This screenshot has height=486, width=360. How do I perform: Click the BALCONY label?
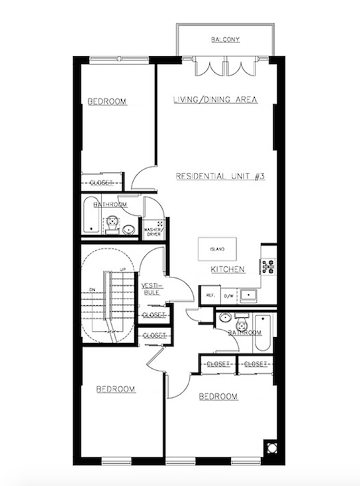(225, 40)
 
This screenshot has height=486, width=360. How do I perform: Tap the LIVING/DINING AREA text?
(214, 100)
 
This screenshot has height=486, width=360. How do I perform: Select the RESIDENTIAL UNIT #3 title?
(220, 177)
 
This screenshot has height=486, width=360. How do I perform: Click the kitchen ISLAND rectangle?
(217, 249)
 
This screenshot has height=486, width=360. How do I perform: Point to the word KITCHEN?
(228, 269)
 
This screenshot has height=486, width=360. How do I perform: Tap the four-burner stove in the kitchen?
(269, 267)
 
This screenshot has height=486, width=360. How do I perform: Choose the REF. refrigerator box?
(210, 295)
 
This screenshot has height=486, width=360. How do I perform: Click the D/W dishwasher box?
(229, 295)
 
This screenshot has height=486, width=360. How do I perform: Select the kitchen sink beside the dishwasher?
(249, 294)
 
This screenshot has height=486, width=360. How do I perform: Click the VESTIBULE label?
(150, 289)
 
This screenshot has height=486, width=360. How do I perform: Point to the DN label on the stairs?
(93, 289)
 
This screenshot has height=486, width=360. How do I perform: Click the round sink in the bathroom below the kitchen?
(226, 316)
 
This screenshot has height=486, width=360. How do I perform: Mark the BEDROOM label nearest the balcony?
(107, 101)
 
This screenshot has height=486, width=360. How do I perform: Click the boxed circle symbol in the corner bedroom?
(271, 446)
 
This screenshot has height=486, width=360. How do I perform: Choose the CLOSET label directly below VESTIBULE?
(154, 315)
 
